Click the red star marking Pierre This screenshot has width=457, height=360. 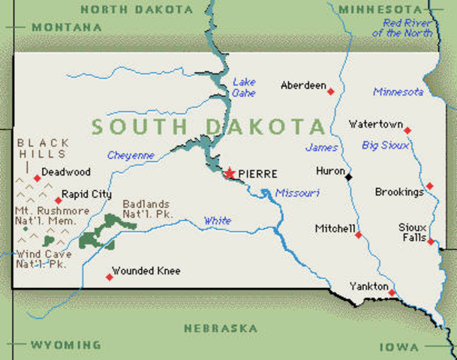[229, 173]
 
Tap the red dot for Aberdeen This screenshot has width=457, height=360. [331, 91]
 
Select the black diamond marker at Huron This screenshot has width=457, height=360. [349, 177]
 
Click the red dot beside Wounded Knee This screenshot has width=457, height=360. [110, 277]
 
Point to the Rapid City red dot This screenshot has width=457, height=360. [59, 199]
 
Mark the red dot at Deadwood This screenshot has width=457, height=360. [37, 178]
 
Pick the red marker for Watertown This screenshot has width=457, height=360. [407, 130]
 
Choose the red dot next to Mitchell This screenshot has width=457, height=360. [358, 235]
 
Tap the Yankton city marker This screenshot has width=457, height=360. [392, 292]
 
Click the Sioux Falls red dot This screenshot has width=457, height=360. [431, 241]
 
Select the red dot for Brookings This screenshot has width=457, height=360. [429, 186]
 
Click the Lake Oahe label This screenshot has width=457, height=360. [244, 88]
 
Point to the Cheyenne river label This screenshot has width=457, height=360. [131, 155]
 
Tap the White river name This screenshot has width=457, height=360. [218, 220]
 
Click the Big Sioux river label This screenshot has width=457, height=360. [386, 145]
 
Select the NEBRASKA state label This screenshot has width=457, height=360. [221, 328]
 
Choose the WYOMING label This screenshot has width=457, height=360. [65, 345]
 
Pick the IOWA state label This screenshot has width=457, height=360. [399, 346]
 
